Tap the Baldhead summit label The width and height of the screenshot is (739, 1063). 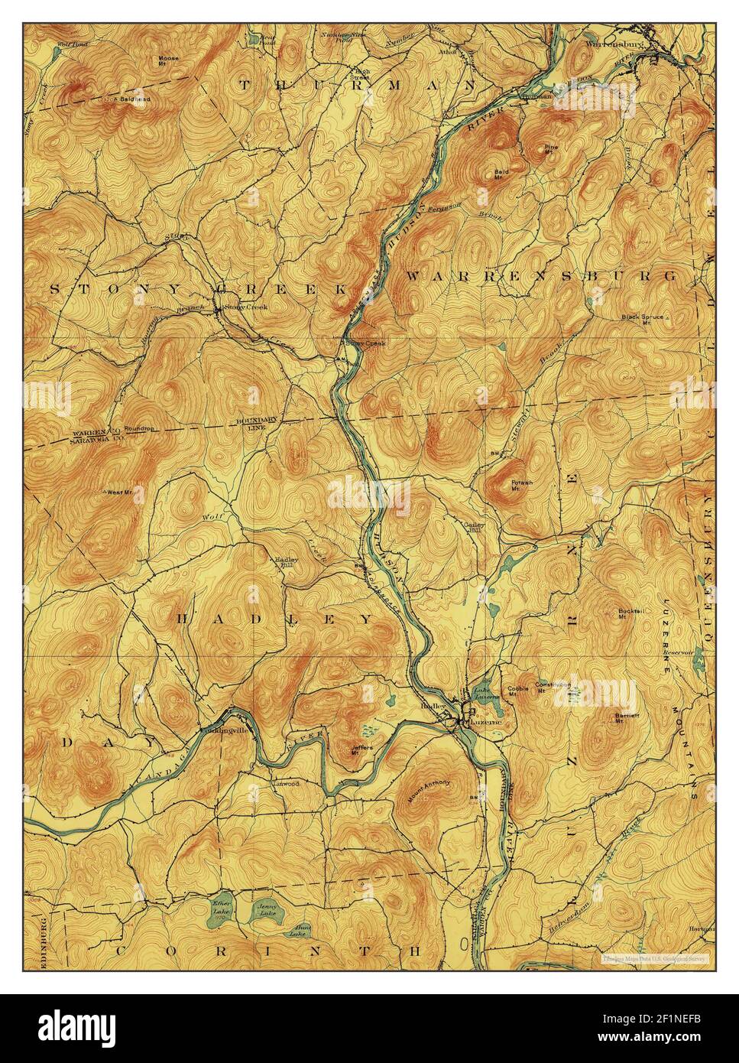(135, 99)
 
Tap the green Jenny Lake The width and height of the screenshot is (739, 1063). (265, 910)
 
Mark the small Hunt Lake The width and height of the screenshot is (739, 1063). (299, 932)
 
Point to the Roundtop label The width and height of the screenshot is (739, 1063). (139, 429)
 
